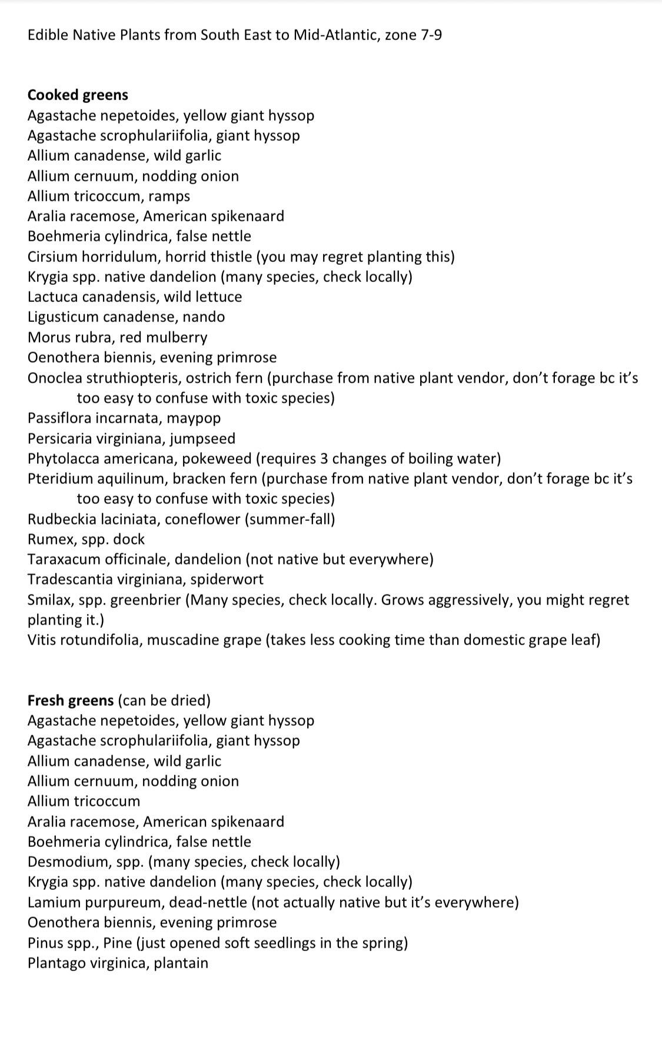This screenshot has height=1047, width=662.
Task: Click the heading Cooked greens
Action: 78,95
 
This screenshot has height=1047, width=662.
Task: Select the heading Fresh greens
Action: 71,700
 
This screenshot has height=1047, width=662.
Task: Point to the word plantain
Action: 181,963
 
